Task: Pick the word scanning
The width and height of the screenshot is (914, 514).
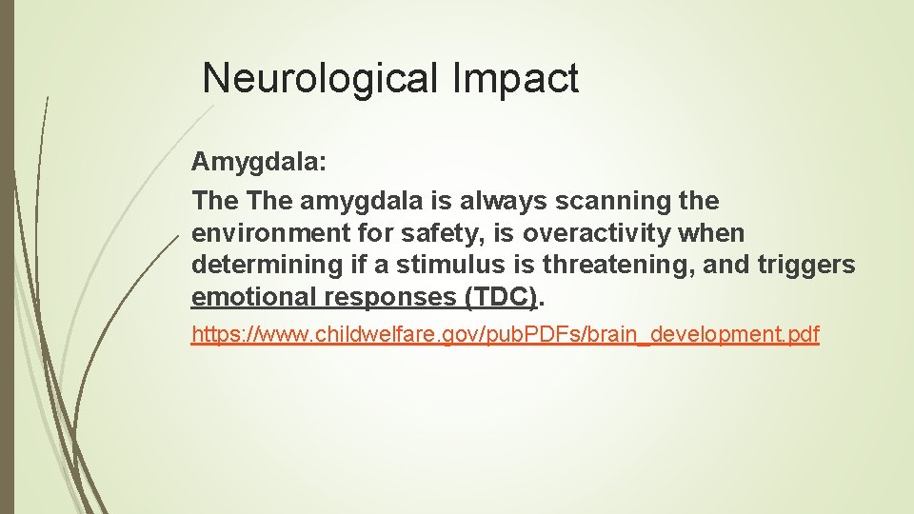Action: pos(606,201)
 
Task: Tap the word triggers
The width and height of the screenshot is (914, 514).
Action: pos(810,265)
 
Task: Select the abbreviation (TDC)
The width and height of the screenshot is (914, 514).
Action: pos(501,297)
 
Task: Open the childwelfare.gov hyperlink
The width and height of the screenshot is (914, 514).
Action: pos(505,335)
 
